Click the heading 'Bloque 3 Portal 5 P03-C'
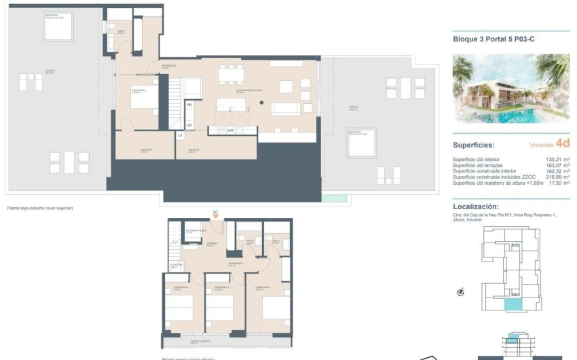pos(494,39)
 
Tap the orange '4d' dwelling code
pos(562,143)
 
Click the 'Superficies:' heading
pos(474,145)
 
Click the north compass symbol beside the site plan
pos(461,293)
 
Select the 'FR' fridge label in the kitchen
pos(189,105)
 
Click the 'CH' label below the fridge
pos(189,125)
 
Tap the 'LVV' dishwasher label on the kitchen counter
pos(230,130)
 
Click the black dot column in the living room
pos(260,103)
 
